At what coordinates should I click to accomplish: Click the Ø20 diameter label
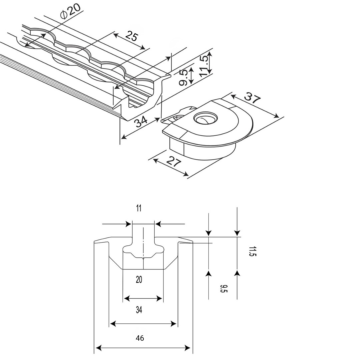(x=70, y=11)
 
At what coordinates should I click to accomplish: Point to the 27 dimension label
(x=174, y=161)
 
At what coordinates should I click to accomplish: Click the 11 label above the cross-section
(x=139, y=208)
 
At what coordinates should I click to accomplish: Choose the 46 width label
(x=140, y=338)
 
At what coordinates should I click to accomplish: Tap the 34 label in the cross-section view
(x=139, y=310)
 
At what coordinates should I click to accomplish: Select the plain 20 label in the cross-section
(x=139, y=280)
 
